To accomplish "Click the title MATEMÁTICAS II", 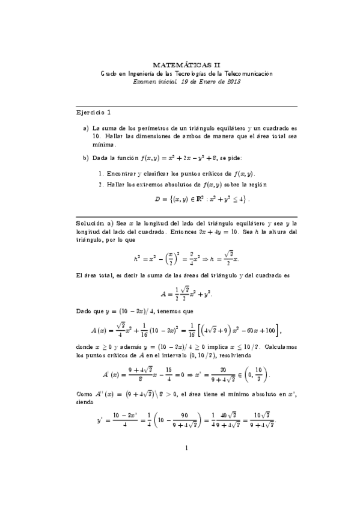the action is click(186, 63).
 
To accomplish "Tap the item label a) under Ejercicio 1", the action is click(87, 129).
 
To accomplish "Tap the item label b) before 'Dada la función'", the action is click(87, 158).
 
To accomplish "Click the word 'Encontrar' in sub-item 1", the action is click(120, 172).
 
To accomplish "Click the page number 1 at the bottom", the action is click(187, 481).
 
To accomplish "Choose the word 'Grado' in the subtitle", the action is click(110, 73).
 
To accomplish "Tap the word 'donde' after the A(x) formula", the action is click(85, 348).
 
